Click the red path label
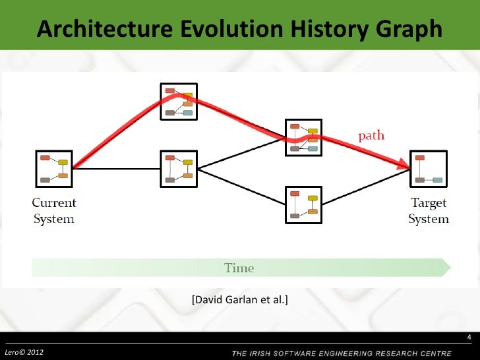tap(371, 136)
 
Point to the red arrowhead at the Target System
tap(403, 165)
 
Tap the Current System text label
tap(54, 211)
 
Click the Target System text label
tap(428, 211)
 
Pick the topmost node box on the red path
tap(178, 102)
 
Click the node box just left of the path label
tap(303, 137)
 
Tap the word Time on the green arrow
tap(239, 268)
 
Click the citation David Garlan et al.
tap(239, 301)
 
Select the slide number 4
tap(469, 340)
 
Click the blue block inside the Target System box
tap(437, 179)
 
